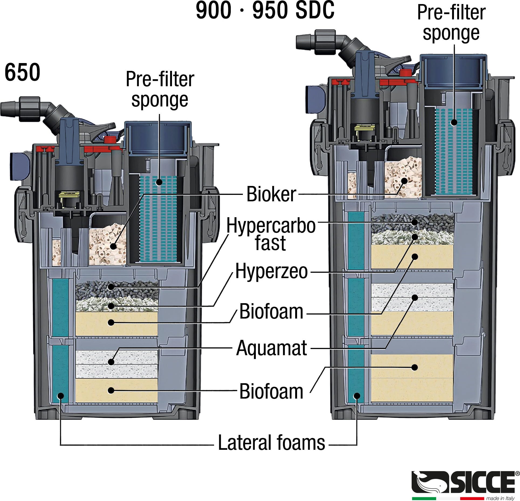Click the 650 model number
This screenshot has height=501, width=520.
coord(22,72)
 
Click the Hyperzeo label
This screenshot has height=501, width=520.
coord(271,272)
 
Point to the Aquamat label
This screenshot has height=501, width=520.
coord(271,348)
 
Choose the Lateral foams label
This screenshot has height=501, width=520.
coord(271,443)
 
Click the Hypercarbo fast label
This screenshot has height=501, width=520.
coord(271,234)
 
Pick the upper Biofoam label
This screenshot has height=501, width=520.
coord(271,312)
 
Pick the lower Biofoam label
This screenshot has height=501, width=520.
coord(271,391)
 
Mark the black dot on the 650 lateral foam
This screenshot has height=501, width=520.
coord(61,396)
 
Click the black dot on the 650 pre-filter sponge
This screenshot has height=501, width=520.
coord(160,182)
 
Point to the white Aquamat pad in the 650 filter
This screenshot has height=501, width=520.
coord(116,364)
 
